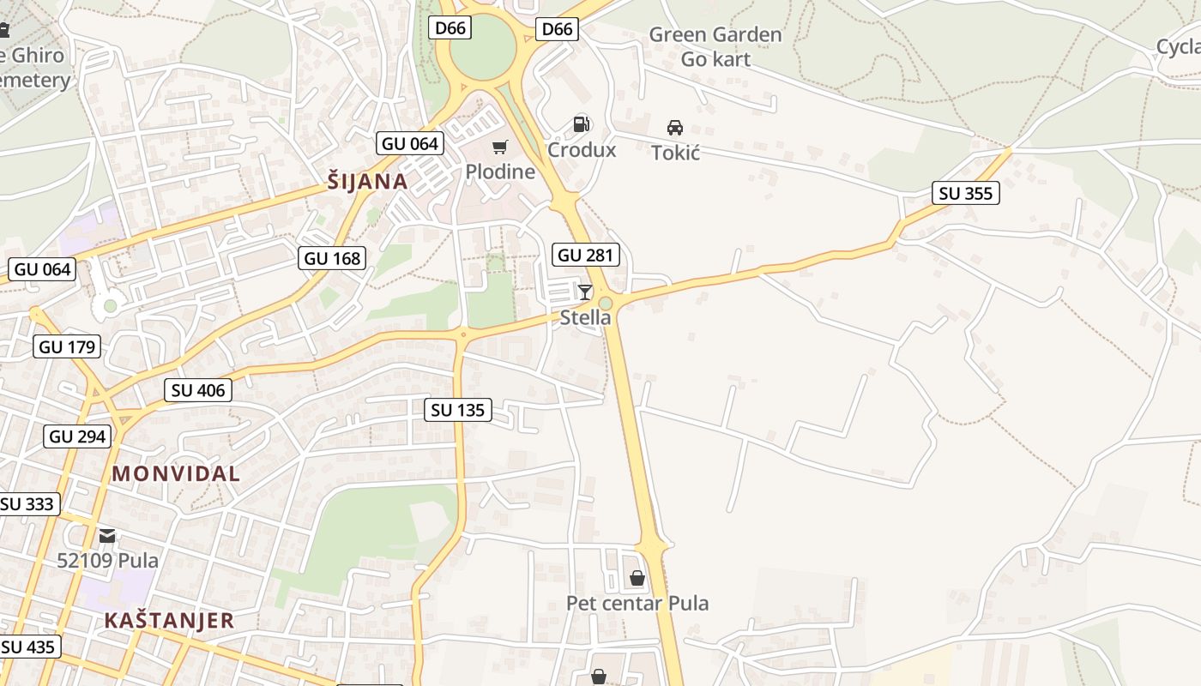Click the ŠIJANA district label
(x=367, y=182)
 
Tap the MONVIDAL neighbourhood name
(x=176, y=473)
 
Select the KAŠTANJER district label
(x=169, y=621)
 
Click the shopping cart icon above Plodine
(x=499, y=147)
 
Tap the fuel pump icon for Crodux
(x=582, y=124)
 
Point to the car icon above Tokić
(x=675, y=128)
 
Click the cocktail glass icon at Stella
(x=585, y=292)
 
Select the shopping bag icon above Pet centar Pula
(x=637, y=578)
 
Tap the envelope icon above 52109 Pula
(x=107, y=536)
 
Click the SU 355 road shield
(x=966, y=194)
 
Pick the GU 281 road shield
(x=587, y=255)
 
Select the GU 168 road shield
(x=333, y=258)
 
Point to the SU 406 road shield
(x=198, y=391)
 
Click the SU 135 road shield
(x=458, y=411)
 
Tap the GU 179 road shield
(x=68, y=347)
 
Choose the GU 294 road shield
(x=77, y=436)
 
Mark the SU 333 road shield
(x=27, y=504)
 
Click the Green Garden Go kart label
(x=715, y=47)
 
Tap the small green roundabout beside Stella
(x=606, y=304)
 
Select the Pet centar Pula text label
(x=637, y=604)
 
